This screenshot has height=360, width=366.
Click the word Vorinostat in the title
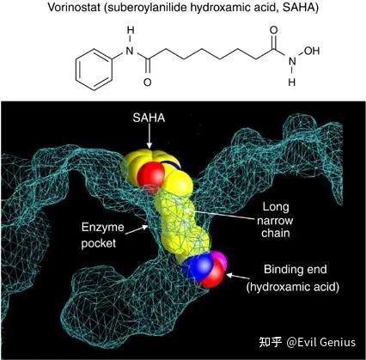click(75, 8)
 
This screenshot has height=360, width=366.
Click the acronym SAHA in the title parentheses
click(298, 8)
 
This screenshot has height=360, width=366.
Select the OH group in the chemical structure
click(312, 51)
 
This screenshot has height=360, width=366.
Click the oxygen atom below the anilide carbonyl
click(148, 82)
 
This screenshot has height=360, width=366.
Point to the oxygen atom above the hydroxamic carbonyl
click(274, 31)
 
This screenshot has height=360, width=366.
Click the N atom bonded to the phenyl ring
click(130, 51)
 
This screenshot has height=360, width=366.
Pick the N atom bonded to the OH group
click(292, 61)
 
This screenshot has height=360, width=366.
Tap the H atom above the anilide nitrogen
click(131, 31)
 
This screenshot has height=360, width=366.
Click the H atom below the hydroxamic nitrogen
click(292, 82)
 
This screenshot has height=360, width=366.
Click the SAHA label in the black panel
click(149, 118)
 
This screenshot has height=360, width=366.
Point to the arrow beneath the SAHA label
click(149, 137)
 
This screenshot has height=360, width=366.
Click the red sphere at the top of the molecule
click(150, 174)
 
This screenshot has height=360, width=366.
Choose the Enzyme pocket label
click(102, 235)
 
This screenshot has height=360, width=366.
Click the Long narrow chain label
click(275, 220)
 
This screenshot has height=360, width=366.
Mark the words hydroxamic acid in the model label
click(293, 287)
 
